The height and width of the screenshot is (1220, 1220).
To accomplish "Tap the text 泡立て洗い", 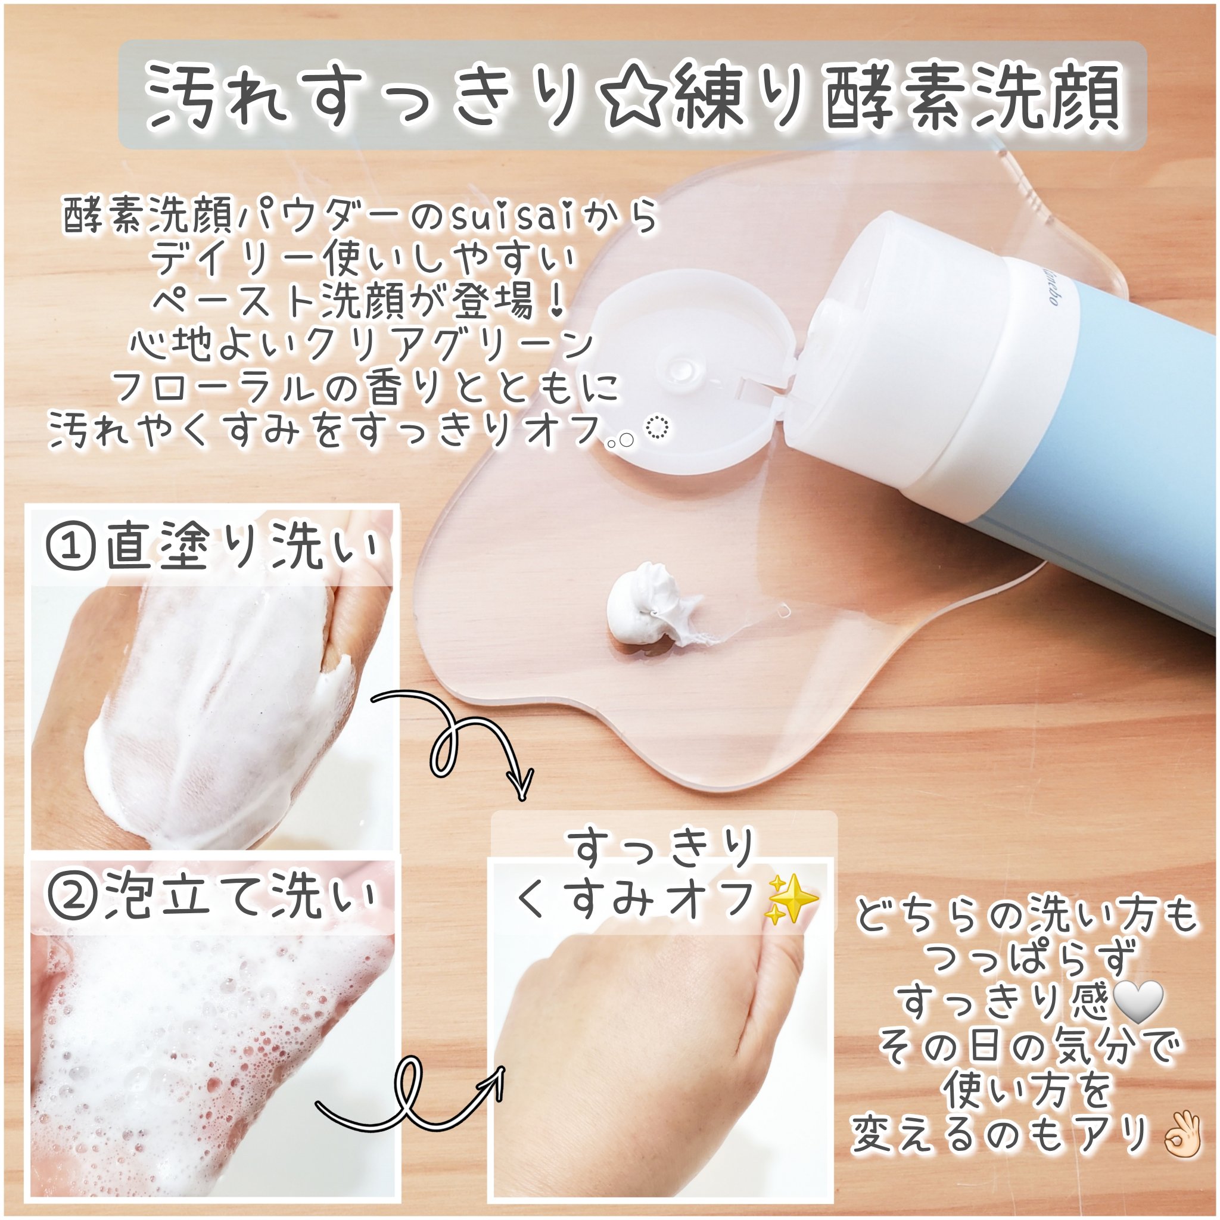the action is pyautogui.click(x=244, y=897).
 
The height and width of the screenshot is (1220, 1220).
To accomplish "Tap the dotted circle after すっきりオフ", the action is pyautogui.click(x=658, y=429).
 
